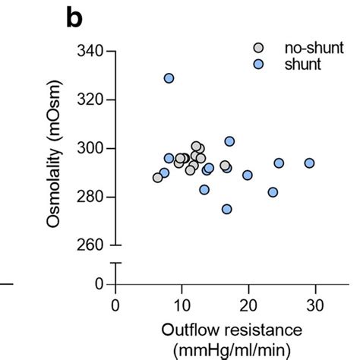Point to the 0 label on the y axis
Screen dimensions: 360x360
tap(100, 284)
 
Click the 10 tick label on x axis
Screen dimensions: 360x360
tap(181, 305)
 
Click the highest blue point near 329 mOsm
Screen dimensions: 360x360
tap(169, 78)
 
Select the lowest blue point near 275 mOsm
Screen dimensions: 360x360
tap(226, 209)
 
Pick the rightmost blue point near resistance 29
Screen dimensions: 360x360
tap(309, 163)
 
